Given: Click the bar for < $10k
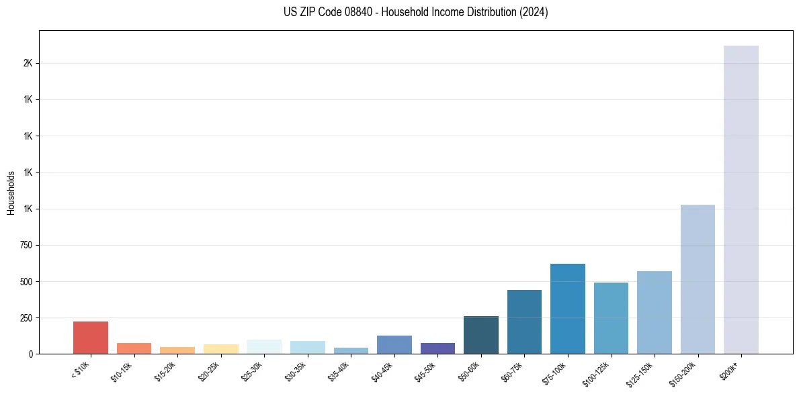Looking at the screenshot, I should [91, 338].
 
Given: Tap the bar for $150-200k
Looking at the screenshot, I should [698, 279].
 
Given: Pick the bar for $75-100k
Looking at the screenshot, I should [567, 309].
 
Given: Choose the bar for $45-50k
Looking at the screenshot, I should [437, 348].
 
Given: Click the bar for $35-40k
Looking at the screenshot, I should [351, 350].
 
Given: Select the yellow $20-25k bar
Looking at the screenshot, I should [221, 349].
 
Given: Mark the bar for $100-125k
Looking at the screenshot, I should [611, 318].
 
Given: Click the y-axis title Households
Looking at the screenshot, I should [11, 193].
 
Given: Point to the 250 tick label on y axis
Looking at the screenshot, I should [26, 317].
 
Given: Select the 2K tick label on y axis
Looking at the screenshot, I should [28, 63].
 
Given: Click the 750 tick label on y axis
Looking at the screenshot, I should [26, 245].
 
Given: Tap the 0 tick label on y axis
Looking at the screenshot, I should [30, 354].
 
